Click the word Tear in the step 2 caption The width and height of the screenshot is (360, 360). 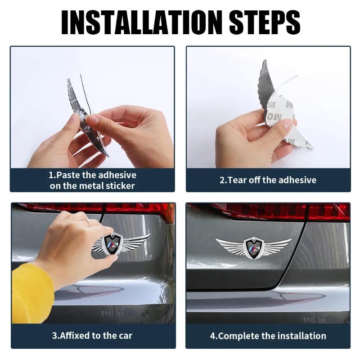[x=238, y=180]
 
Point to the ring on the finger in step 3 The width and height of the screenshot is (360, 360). [x=85, y=222]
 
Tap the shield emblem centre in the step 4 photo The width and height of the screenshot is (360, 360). [x=253, y=247]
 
